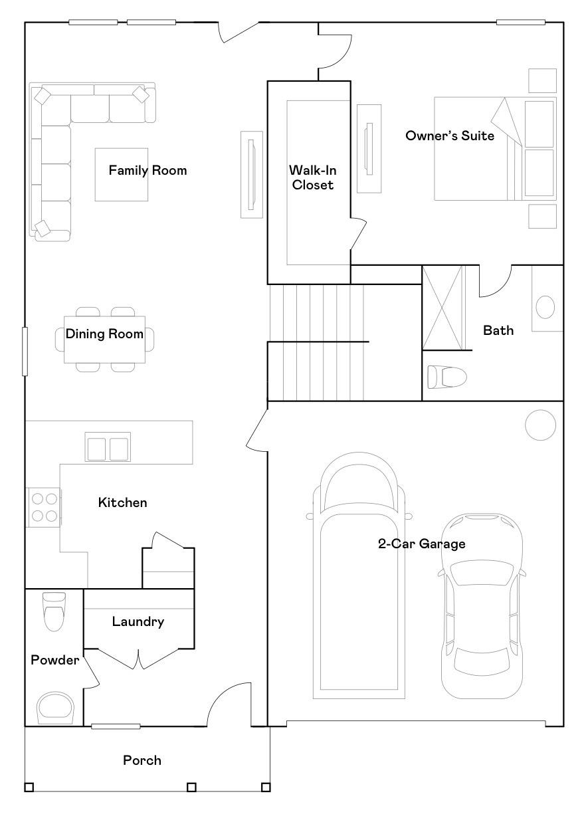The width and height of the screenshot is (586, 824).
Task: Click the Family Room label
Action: [147, 171]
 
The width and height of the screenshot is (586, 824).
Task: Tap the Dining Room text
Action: [104, 334]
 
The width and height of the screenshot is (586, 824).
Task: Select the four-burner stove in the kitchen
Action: [43, 507]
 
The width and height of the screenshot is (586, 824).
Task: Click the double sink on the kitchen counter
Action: [107, 448]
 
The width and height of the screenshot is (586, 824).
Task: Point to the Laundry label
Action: [138, 622]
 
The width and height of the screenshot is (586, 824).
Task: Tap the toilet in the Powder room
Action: [54, 610]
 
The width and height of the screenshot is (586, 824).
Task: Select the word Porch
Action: [142, 760]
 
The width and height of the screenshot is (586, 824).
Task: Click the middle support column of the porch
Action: [191, 787]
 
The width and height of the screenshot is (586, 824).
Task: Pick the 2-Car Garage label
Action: [422, 544]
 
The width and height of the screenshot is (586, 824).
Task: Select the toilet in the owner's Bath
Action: [447, 377]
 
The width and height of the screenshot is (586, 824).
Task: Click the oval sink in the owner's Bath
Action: [545, 308]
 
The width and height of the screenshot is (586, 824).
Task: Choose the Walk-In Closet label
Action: [312, 178]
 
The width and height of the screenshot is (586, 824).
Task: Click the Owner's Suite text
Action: [450, 136]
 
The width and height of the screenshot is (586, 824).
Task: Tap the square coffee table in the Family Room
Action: [122, 174]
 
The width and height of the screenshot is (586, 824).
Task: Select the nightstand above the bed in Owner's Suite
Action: [542, 80]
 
